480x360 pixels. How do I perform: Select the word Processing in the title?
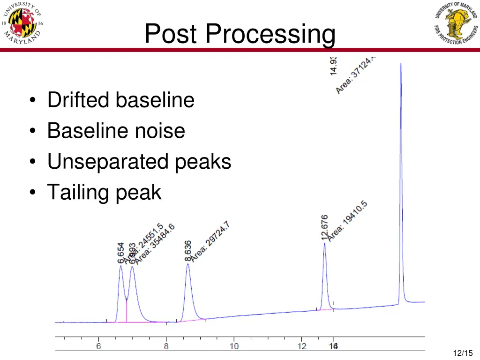[270, 35]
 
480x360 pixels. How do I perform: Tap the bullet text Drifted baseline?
[120, 100]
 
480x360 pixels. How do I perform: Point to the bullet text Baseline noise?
[116, 131]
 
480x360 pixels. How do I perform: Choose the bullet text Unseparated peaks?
[139, 162]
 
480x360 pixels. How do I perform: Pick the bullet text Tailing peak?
[104, 192]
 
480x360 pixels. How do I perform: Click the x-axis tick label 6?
[99, 346]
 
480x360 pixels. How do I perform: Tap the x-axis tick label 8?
[166, 346]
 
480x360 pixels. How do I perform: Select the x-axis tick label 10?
[233, 346]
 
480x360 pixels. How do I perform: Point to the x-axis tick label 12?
[301, 346]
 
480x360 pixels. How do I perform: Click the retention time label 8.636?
[187, 251]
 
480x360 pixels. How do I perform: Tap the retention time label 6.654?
[121, 253]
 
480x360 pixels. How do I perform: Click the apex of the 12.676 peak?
[324, 244]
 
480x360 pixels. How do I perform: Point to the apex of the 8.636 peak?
[188, 264]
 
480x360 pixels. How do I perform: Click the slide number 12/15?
[463, 353]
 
